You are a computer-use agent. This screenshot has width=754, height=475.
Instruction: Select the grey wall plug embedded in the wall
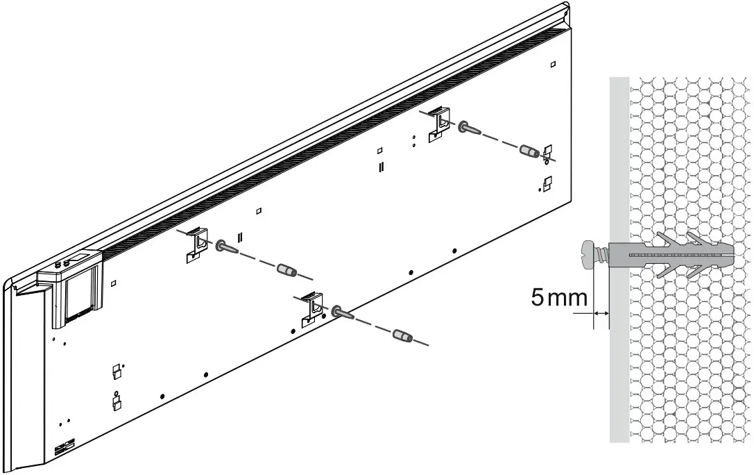[x=669, y=256]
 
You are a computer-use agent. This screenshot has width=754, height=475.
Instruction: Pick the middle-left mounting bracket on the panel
[x=198, y=244]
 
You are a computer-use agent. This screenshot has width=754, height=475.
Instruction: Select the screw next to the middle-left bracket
[x=227, y=247]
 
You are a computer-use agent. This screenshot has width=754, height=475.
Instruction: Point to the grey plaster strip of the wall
[x=619, y=174]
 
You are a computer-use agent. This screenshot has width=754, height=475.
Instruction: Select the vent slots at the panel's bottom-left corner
[x=63, y=447]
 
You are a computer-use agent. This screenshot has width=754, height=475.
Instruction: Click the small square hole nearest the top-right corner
[x=552, y=65]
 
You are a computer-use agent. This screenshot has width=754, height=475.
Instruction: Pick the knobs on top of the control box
[x=62, y=263]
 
